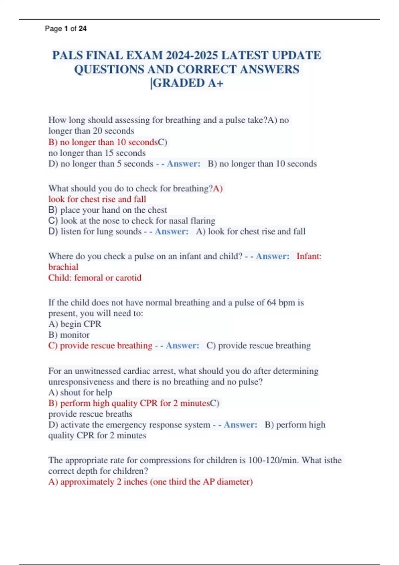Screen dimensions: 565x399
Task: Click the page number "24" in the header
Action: [82, 29]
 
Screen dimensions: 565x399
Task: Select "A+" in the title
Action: [215, 83]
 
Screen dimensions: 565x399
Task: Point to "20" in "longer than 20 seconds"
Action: [97, 131]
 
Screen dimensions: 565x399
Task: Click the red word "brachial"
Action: [63, 267]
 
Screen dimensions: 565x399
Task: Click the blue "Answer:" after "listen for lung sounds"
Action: [172, 231]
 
